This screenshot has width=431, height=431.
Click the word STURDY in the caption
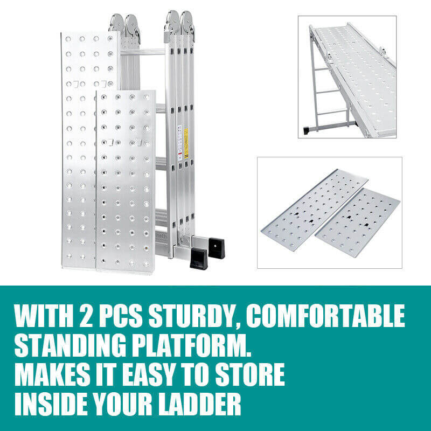[x=194, y=316]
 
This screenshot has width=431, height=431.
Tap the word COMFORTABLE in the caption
[x=325, y=316]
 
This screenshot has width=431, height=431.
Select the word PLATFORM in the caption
[x=192, y=345]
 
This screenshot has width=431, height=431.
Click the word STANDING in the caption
[x=71, y=345]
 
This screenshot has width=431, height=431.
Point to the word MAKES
[x=52, y=374]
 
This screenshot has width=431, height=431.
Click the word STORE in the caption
[x=249, y=374]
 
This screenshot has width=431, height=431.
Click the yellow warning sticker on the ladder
[x=186, y=143]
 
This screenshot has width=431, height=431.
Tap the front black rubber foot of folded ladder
[x=199, y=258]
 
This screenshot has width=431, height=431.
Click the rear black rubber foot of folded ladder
[x=217, y=248]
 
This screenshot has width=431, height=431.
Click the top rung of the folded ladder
[x=143, y=52]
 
